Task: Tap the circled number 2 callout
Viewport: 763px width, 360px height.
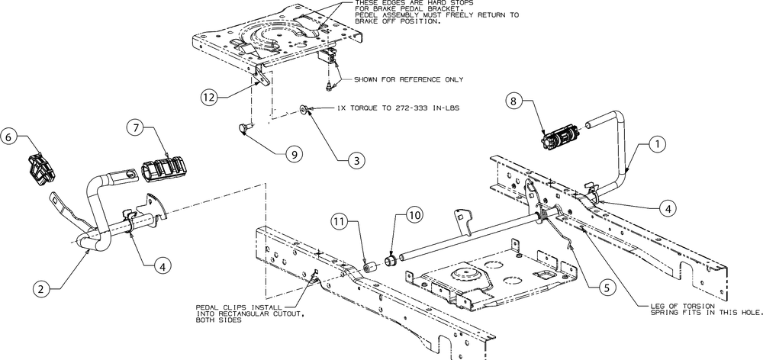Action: click(43, 288)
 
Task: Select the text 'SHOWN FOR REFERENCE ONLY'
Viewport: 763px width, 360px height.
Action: click(402, 79)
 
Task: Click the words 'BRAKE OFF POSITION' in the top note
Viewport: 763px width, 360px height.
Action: click(402, 21)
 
